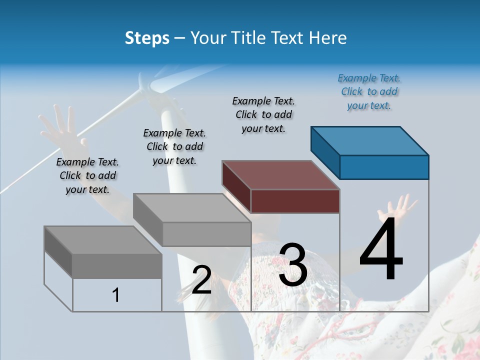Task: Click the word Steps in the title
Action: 147,38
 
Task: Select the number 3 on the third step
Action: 292,265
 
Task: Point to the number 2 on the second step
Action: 201,280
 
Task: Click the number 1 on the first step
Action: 116,295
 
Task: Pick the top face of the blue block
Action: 370,141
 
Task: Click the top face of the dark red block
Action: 281,175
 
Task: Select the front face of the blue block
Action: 384,167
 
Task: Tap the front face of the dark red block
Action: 295,201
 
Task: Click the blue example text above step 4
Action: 369,91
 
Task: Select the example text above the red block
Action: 263,114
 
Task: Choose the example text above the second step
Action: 174,146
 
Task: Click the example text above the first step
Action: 87,175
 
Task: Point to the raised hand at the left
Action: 59,125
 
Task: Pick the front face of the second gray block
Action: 206,234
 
